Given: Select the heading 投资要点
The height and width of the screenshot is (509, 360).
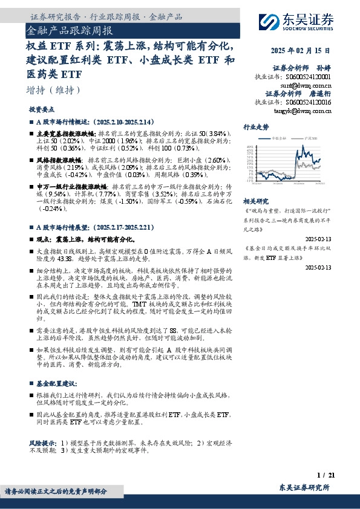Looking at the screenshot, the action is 41,110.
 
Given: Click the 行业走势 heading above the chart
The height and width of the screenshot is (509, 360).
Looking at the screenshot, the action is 255,127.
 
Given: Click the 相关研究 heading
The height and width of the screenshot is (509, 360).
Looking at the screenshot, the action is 255,200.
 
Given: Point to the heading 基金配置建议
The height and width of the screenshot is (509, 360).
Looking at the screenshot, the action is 56,383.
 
